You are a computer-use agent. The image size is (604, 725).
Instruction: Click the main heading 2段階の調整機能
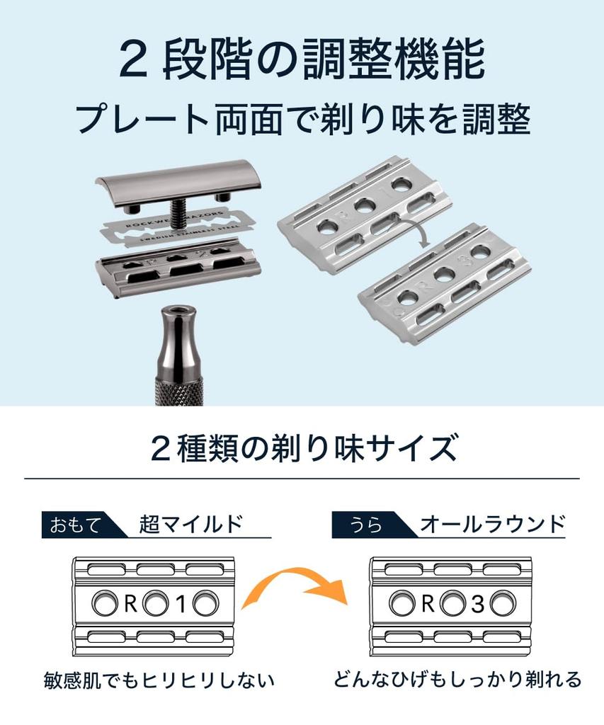tap(302, 61)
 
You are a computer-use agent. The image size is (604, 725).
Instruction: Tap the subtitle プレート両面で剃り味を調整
tap(302, 120)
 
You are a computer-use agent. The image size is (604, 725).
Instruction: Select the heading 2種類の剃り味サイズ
tap(302, 449)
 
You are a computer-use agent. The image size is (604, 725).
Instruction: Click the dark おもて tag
tap(74, 525)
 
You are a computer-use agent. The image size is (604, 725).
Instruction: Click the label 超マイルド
tap(191, 524)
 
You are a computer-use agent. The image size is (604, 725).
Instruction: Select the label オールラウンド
tap(492, 524)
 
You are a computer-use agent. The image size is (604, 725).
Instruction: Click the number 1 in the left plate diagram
tap(180, 604)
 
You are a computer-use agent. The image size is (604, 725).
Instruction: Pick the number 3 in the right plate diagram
tap(477, 604)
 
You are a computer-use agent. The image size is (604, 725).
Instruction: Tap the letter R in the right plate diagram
tap(427, 604)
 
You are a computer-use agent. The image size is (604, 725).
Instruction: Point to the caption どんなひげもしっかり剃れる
tap(457, 680)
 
